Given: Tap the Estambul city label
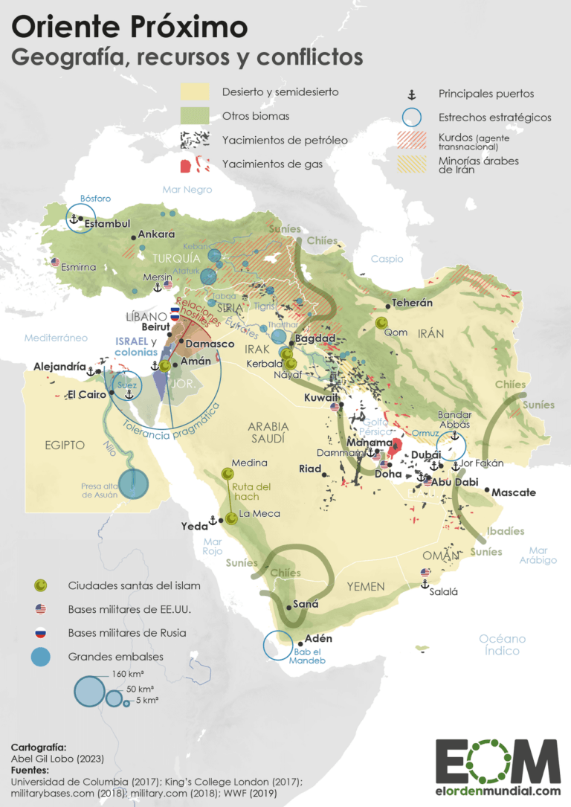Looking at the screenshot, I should [107, 223].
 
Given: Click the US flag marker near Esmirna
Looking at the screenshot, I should [55, 262].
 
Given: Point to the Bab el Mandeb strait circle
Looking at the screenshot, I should [282, 645].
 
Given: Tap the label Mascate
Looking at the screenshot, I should [514, 492].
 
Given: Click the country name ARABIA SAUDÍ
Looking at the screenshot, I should [267, 432].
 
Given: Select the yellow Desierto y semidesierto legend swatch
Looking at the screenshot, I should [196, 92].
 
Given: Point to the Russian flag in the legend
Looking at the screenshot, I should [41, 633].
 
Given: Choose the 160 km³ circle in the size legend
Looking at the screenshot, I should [89, 691].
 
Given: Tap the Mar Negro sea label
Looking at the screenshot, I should [188, 190].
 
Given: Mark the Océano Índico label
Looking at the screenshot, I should [503, 645].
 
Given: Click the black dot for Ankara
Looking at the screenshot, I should [133, 237].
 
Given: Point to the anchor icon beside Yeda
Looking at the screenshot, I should [212, 520].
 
